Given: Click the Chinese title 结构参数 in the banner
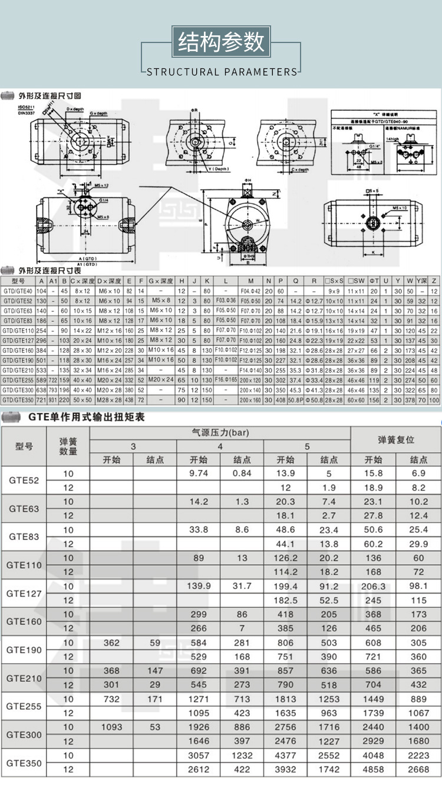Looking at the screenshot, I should coord(221,42).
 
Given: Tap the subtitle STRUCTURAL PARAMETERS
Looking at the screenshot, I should coord(222,72).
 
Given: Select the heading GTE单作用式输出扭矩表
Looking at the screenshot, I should coord(86,417).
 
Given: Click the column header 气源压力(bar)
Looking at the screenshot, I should coord(220,432).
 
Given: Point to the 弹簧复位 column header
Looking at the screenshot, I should coord(395,440).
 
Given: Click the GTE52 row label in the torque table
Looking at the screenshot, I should coord(24,481).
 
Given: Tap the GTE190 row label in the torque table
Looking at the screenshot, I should coord(24,650).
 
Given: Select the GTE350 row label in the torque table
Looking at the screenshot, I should coord(24,763).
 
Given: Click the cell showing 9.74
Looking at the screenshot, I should coord(199,473).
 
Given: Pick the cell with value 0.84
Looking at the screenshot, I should coord(242,473).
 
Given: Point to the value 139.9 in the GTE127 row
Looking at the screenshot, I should coord(199,586).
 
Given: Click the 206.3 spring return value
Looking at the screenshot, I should coord(373,586).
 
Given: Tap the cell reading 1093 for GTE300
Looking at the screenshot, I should coord(111,727).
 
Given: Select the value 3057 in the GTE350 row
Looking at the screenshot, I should coord(199,755).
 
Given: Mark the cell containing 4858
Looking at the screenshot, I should coord(373,769).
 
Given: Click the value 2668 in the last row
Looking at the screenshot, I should coord(418,769).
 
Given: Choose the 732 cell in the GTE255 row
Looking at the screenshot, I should coord(111,699).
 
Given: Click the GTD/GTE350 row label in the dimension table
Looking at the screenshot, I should coord(18,400).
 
